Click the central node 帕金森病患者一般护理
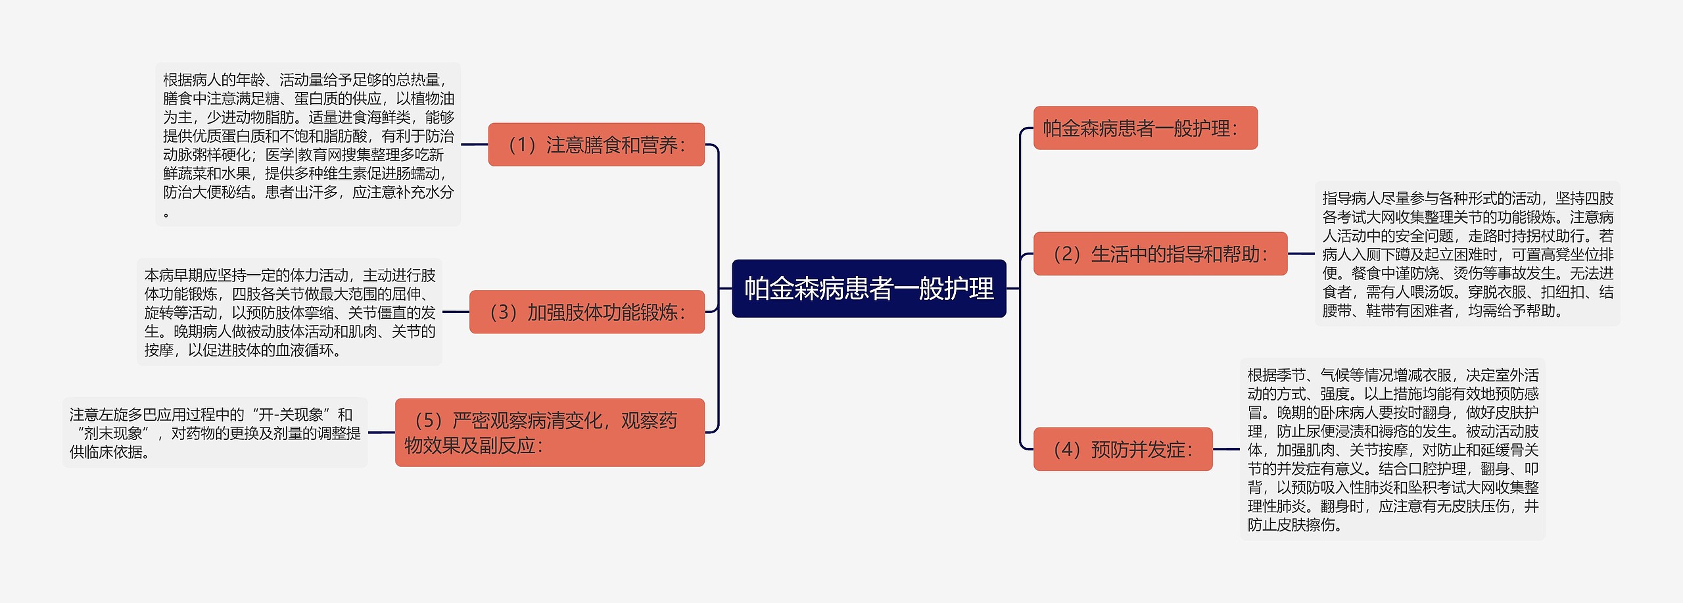(868, 289)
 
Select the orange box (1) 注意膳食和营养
(596, 145)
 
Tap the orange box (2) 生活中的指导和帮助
(1160, 254)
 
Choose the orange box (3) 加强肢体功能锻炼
(586, 312)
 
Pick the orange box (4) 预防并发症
(1122, 450)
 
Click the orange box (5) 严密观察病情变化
(550, 433)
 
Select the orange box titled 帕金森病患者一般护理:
(1145, 128)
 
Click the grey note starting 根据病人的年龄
(308, 145)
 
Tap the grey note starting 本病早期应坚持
(289, 312)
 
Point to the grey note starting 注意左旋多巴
(215, 433)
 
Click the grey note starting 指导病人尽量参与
(1467, 254)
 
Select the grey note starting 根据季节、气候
(1392, 450)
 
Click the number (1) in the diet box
(522, 145)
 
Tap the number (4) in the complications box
(1067, 450)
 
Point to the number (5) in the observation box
(428, 421)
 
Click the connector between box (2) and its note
(1301, 254)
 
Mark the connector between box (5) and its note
(381, 433)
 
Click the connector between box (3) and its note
(456, 312)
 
